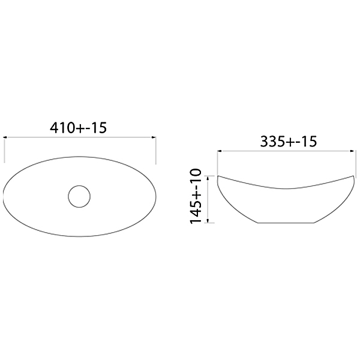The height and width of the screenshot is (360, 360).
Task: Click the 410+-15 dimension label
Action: [x=78, y=128]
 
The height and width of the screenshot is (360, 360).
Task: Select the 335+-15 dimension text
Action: [x=289, y=142]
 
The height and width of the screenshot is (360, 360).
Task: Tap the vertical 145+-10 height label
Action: [x=196, y=196]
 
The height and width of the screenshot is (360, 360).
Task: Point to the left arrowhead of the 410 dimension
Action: [x=5, y=137]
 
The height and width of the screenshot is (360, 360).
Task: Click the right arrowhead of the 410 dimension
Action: [x=154, y=137]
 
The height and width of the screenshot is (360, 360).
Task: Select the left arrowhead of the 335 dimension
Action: [x=219, y=151]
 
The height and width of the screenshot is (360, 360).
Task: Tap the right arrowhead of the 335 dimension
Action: [x=352, y=151]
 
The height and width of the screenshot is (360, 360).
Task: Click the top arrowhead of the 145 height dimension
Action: [x=208, y=178]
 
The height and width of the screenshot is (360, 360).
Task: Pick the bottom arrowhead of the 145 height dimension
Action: [x=208, y=221]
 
